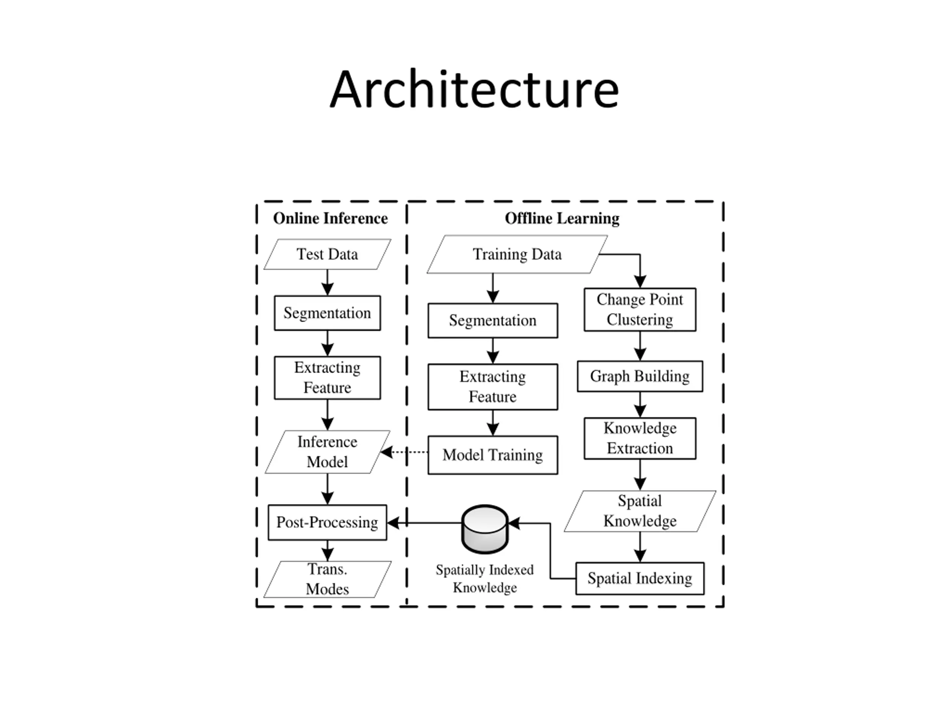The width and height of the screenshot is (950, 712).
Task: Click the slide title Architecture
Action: (475, 89)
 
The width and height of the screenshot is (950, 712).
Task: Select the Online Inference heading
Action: (330, 218)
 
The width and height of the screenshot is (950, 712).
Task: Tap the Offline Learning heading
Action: (562, 218)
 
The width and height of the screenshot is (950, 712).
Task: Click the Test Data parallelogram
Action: (327, 254)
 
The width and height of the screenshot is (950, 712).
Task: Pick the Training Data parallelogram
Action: (517, 254)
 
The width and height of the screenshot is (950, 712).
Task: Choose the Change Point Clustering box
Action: (640, 309)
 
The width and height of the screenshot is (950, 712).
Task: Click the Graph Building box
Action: (640, 376)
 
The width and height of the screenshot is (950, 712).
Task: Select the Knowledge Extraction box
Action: (640, 438)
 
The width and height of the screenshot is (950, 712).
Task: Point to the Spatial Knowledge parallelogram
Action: (640, 511)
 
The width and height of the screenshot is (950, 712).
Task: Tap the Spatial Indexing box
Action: (640, 578)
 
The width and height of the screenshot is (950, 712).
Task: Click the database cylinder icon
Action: (485, 529)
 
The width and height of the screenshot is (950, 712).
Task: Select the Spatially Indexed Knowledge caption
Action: (485, 578)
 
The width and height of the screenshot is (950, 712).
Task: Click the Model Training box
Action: (492, 455)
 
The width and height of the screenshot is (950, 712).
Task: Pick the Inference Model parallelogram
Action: (327, 452)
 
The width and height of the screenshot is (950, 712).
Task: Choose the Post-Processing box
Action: (327, 522)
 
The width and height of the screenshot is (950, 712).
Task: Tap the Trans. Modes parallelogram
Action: (327, 579)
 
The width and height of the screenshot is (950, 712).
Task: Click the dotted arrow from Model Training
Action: (404, 452)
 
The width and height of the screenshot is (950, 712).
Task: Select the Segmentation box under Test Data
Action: (327, 313)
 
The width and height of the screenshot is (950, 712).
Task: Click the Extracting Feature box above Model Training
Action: (492, 387)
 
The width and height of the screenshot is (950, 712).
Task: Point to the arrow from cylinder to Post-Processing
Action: (424, 523)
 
